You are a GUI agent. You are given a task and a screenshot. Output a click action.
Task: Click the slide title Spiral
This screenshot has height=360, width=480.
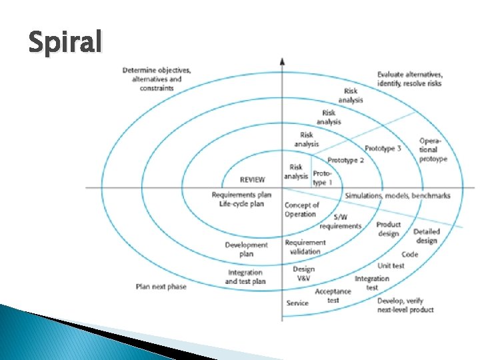(x=65, y=43)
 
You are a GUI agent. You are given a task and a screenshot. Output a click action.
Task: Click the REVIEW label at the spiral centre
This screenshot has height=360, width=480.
(x=252, y=179)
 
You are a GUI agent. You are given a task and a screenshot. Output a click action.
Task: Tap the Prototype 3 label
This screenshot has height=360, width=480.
(x=383, y=148)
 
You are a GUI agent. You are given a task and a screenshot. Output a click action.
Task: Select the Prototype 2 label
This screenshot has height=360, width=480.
(x=345, y=161)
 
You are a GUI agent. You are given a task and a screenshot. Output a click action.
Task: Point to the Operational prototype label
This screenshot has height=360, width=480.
(x=433, y=150)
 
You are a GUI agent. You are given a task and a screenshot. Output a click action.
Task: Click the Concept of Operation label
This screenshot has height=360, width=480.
(x=301, y=209)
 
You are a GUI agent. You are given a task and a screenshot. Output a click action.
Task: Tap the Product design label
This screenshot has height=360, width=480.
(x=388, y=229)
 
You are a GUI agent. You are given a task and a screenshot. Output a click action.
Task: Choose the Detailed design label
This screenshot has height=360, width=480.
(x=426, y=236)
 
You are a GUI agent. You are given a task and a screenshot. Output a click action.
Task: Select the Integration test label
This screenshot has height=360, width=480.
(x=372, y=283)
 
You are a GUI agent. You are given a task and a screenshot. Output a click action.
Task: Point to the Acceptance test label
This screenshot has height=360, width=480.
(x=333, y=296)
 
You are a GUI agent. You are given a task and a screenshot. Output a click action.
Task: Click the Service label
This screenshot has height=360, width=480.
(x=297, y=303)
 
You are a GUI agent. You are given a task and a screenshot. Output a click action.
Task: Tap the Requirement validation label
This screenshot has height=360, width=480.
(x=305, y=247)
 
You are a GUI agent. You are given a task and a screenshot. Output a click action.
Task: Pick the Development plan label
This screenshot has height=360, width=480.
(x=246, y=249)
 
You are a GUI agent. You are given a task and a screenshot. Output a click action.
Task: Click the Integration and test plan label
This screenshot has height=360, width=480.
(x=245, y=277)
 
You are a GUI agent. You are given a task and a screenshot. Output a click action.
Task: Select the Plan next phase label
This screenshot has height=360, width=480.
(x=161, y=287)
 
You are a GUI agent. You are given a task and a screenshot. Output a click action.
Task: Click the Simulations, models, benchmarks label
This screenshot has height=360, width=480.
(x=397, y=195)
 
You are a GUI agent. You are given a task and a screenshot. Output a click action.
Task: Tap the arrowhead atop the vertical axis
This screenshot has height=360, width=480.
(x=283, y=61)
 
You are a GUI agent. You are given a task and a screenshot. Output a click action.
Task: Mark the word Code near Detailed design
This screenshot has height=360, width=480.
(x=409, y=254)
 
